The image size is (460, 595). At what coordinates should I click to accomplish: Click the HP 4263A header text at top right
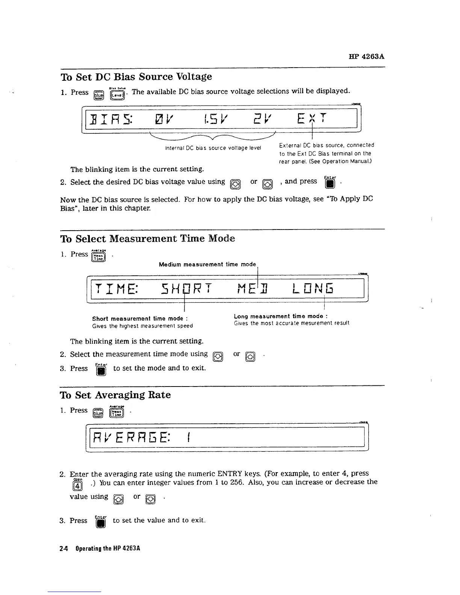[x=366, y=57]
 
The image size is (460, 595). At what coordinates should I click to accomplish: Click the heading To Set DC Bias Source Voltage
[x=136, y=77]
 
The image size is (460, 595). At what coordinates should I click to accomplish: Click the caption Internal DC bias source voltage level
[x=213, y=148]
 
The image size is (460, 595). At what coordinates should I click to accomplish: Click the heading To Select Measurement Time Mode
[x=148, y=239]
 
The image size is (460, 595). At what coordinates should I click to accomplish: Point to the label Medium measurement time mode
[x=207, y=264]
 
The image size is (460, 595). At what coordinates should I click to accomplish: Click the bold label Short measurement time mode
[x=140, y=319]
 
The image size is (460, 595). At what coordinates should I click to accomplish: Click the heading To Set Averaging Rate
[x=115, y=395]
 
